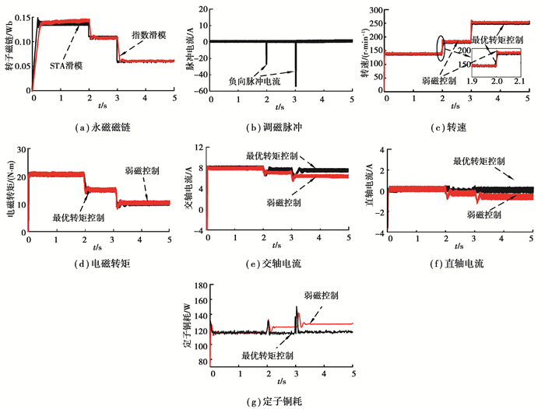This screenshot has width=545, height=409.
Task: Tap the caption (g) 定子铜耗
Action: [x=274, y=401]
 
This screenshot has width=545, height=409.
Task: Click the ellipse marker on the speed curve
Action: [x=441, y=47]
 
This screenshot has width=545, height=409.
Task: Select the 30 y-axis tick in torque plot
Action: [x=19, y=145]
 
